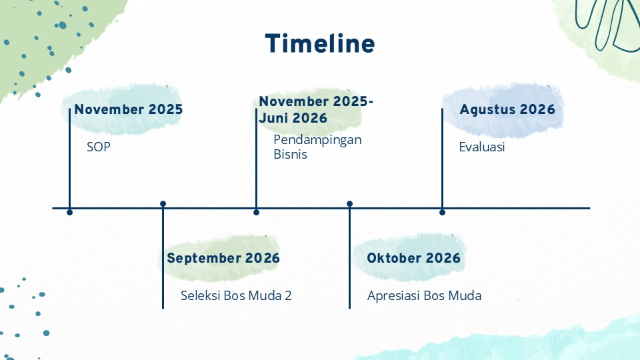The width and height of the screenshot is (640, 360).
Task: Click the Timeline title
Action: coord(320,44)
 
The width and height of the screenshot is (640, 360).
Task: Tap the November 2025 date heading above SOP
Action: coord(129,109)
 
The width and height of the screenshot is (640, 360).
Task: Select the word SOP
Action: coord(99,147)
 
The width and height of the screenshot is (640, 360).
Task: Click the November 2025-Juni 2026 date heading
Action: coord(316,109)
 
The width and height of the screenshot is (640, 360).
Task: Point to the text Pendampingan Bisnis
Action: coord(317,147)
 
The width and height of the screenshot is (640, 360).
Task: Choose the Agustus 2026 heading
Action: coord(507,109)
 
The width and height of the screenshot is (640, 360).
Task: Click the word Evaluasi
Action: coord(482,147)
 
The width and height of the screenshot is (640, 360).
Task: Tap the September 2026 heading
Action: coord(223,258)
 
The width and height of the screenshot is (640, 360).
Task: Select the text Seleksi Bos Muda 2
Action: coord(236,295)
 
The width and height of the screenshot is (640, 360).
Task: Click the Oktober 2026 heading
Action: coord(413,258)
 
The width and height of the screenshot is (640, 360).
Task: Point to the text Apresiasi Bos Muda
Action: coord(425,295)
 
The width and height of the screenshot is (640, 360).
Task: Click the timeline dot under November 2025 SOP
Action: coord(70,212)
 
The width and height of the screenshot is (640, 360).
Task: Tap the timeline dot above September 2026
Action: coord(163,204)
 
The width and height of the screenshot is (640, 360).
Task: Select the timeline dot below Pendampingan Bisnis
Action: coord(256,212)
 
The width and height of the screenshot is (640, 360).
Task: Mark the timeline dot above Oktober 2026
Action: coord(349,204)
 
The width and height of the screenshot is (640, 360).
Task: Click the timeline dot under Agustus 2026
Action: coord(443,212)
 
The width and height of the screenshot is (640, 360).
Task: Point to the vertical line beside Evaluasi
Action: coord(443,159)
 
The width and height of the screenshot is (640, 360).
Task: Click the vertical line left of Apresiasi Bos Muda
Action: coord(349,256)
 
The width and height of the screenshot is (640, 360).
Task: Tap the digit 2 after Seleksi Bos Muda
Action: coord(288,295)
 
